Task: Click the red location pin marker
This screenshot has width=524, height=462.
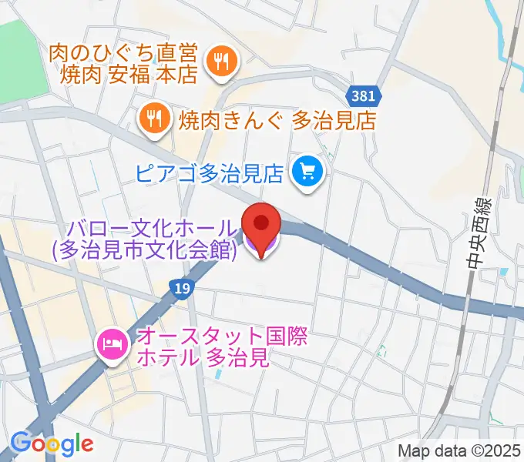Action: (x=261, y=224)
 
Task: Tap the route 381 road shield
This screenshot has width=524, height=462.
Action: (x=362, y=96)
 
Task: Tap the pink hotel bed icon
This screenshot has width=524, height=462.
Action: (x=113, y=343)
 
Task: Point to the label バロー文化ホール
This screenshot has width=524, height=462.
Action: (x=153, y=229)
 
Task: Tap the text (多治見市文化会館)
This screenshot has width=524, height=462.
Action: (x=144, y=250)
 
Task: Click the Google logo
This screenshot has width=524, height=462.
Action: (x=52, y=443)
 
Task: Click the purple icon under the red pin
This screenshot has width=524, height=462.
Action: (x=261, y=247)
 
